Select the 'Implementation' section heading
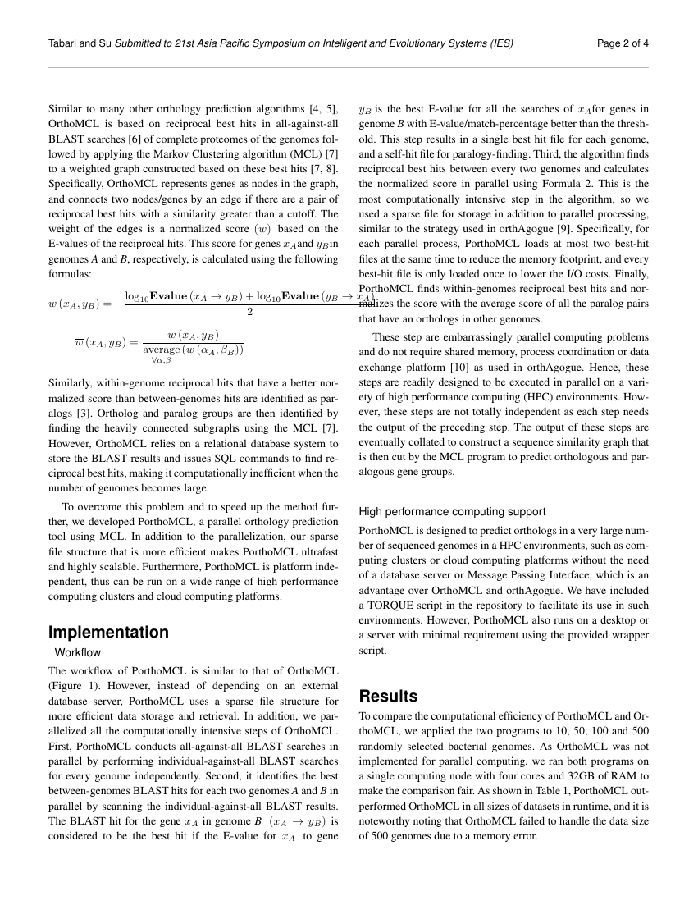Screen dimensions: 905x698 coord(108,632)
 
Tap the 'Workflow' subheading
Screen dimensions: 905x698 coord(78,652)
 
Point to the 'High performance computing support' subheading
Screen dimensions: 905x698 coord(452,511)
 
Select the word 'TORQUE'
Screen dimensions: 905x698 coord(391,605)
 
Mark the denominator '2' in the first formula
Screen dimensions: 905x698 coord(249,312)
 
